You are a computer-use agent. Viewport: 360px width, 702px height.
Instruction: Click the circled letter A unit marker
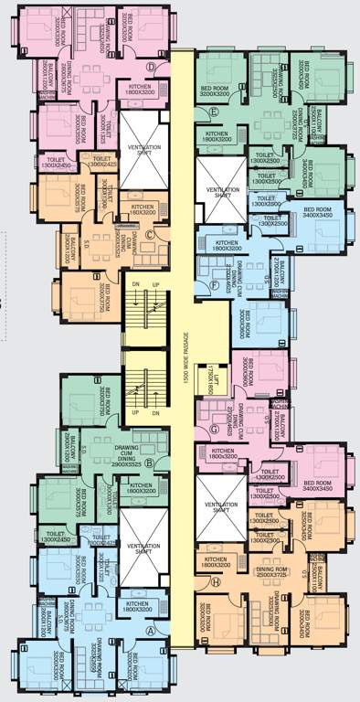tap(152, 630)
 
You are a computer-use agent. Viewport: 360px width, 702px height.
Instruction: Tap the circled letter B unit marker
tap(161, 463)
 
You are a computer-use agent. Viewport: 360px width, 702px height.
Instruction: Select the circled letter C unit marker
tap(162, 233)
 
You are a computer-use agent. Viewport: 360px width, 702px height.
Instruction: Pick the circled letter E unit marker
tap(213, 112)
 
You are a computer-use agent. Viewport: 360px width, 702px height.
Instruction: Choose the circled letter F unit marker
tap(213, 284)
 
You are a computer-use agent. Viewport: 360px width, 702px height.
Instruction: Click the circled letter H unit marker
tap(216, 581)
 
